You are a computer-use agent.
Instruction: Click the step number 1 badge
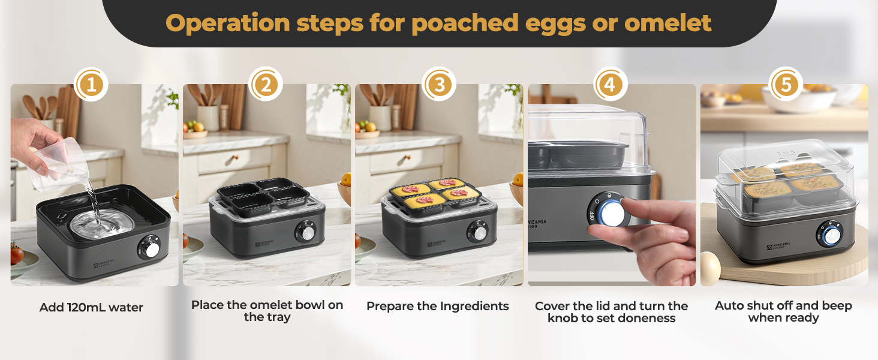click(x=91, y=85)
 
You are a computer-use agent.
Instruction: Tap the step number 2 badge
click(x=266, y=85)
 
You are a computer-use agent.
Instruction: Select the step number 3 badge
click(x=440, y=85)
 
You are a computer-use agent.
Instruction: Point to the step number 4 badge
click(x=610, y=85)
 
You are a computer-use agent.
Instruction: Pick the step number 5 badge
click(x=785, y=85)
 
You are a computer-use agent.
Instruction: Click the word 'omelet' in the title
click(x=667, y=23)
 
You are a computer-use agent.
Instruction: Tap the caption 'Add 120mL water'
click(x=91, y=307)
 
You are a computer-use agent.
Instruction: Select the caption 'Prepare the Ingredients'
click(x=437, y=306)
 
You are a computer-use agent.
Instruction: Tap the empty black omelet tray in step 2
click(x=263, y=198)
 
